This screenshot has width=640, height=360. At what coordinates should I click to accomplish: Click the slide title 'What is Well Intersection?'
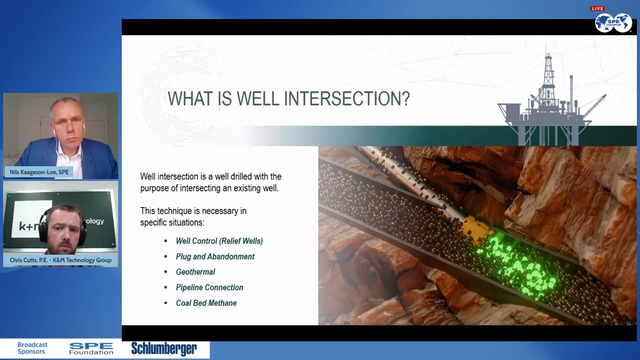pos(290,99)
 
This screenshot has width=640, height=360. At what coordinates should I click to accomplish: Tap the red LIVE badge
pos(598,8)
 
